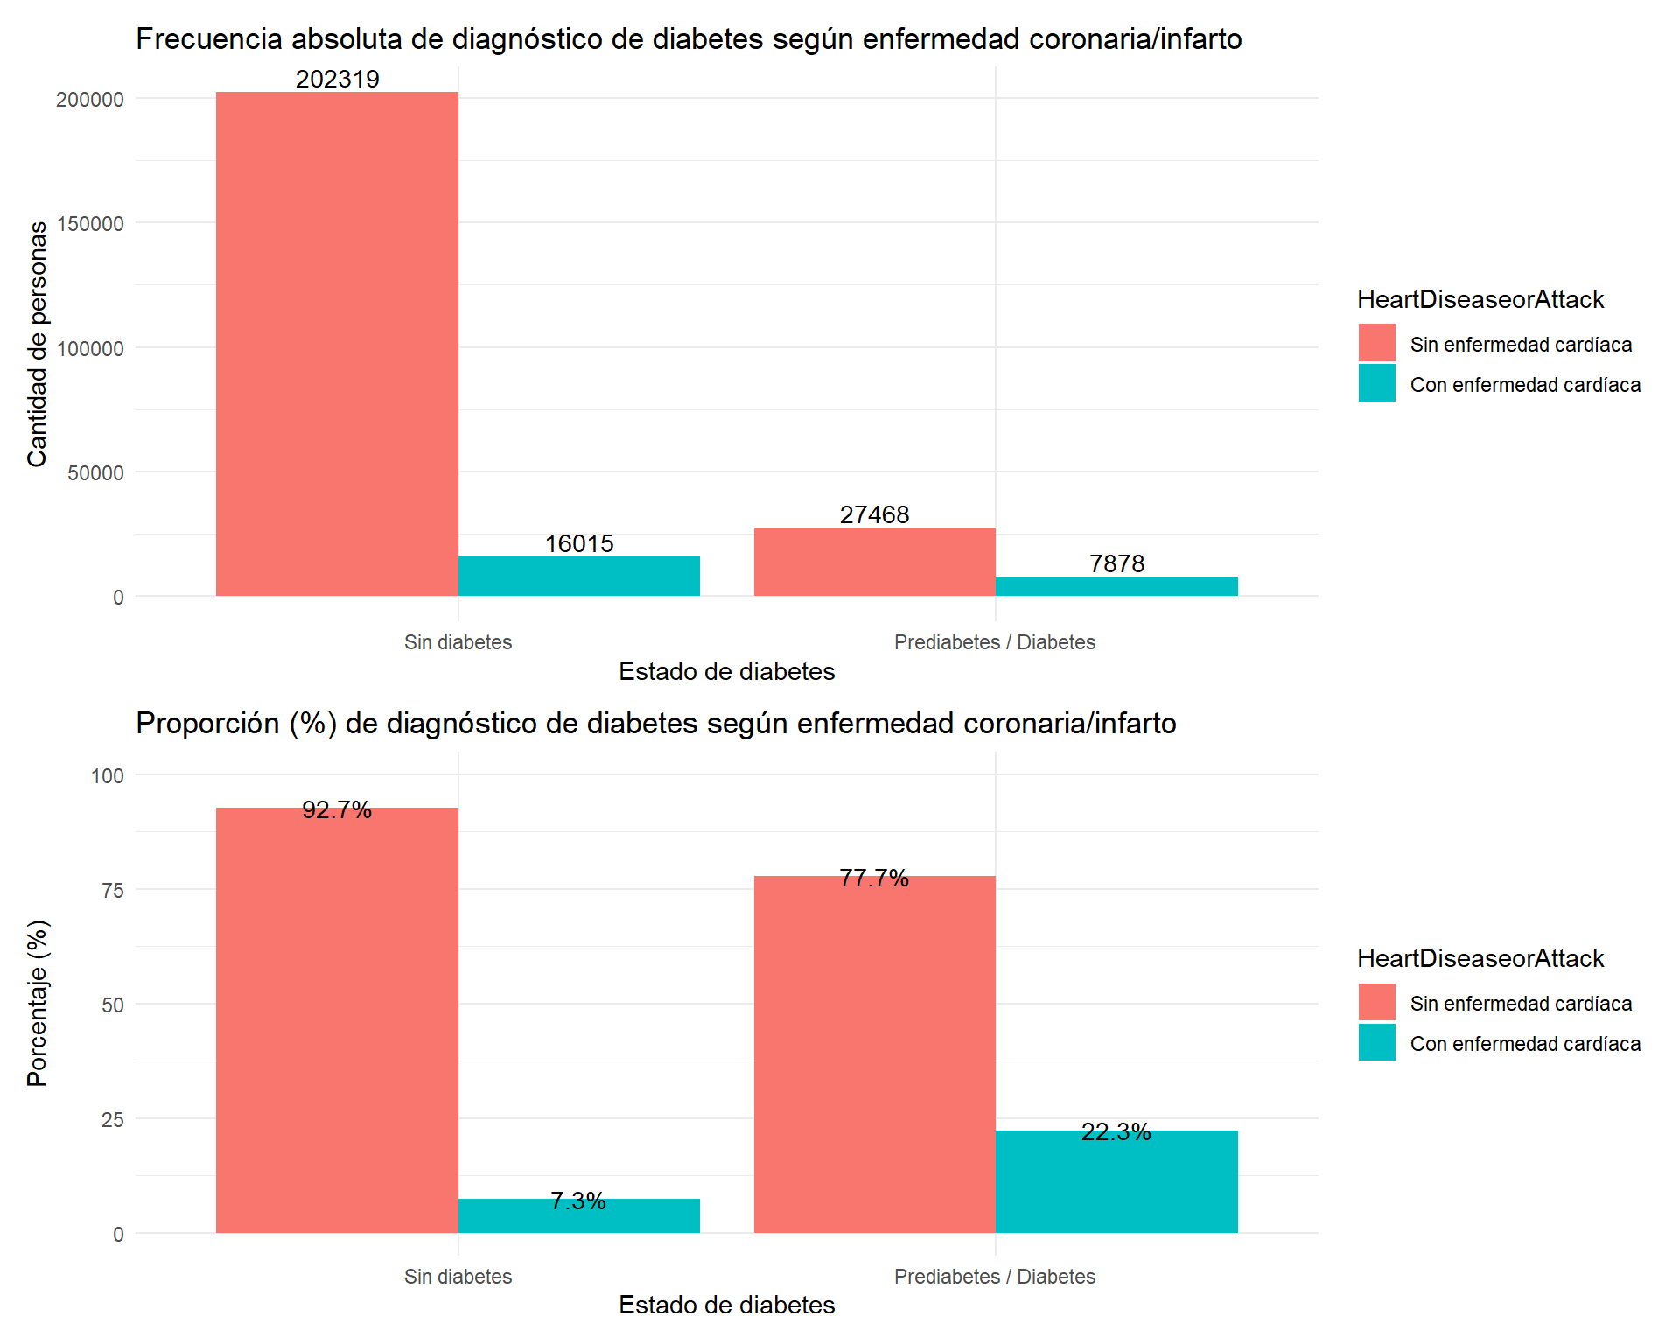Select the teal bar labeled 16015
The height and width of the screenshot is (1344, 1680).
(x=578, y=577)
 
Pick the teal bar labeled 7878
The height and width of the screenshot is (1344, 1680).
(x=1116, y=586)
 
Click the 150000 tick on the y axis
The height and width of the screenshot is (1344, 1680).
(x=90, y=224)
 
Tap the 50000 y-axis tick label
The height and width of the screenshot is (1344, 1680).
(x=95, y=473)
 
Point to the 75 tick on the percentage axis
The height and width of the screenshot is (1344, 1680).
(x=113, y=891)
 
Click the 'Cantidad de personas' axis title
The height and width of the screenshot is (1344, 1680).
(x=37, y=344)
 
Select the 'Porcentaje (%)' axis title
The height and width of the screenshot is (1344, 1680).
(x=37, y=1003)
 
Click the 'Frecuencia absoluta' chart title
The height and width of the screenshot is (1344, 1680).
(x=689, y=39)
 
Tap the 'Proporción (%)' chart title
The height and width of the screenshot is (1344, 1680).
(x=655, y=724)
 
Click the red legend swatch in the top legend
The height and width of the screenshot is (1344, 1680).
(x=1376, y=343)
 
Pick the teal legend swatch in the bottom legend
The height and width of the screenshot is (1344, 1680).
(x=1376, y=1042)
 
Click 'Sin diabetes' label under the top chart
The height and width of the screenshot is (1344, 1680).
(x=458, y=642)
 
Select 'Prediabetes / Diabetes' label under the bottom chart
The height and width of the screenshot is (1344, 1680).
(x=994, y=1277)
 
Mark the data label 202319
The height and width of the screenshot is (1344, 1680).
(x=337, y=80)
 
